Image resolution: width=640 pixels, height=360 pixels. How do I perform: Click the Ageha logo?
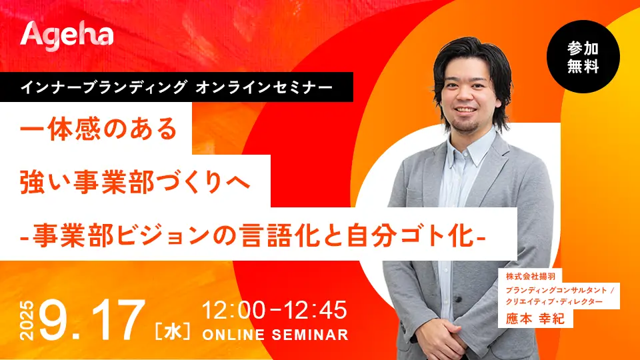coord(67,36)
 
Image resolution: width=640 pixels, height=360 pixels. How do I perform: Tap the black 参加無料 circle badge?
coord(583,57)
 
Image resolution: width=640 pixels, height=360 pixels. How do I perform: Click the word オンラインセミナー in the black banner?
coord(264,87)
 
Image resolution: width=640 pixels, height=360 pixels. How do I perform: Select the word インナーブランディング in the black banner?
coord(104,87)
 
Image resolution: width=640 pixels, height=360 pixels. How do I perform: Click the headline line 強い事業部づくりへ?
coord(135,181)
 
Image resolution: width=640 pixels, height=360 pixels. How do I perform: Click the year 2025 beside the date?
coord(27,321)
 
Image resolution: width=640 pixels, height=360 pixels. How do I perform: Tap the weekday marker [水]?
coord(173,331)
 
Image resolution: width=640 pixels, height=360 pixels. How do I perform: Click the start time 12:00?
coord(234,310)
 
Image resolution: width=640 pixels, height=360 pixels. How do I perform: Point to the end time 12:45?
coord(315,310)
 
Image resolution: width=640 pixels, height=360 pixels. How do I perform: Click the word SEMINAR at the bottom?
coord(310,335)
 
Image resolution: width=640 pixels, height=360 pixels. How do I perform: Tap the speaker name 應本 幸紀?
coord(535,319)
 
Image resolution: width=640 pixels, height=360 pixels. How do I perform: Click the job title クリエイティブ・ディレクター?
coord(554,301)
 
